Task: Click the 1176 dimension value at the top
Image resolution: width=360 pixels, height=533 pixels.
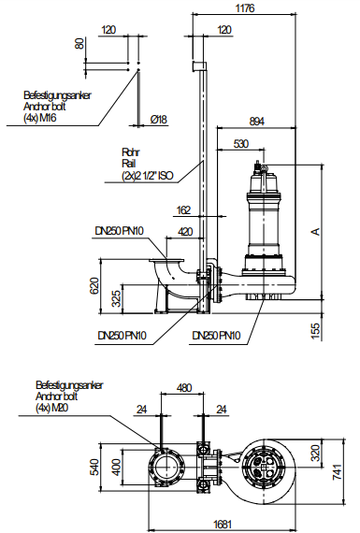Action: tap(245, 7)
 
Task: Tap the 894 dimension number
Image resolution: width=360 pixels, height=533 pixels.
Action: tap(256, 122)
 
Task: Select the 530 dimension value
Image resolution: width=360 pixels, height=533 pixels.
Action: tap(241, 144)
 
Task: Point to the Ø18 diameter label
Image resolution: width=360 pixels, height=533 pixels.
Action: tap(159, 120)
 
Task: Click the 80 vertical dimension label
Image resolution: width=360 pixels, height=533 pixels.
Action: tap(79, 44)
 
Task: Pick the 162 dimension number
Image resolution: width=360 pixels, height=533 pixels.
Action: tap(184, 210)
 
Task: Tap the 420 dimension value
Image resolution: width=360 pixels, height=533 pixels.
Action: tap(185, 232)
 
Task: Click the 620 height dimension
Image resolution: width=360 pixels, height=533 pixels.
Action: tap(94, 286)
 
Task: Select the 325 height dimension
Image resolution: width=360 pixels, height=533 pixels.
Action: tap(117, 299)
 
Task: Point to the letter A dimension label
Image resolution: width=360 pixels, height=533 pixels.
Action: tap(316, 232)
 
